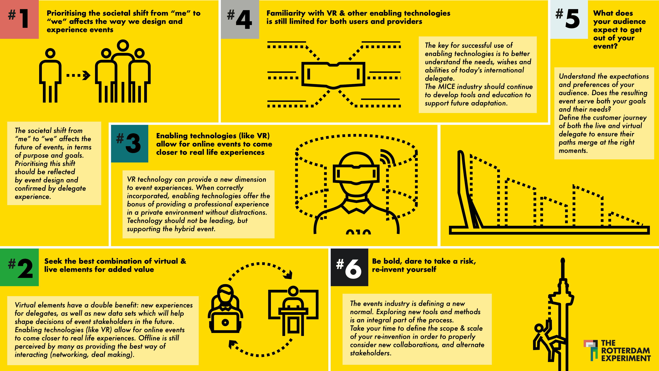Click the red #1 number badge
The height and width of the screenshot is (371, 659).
point(19,19)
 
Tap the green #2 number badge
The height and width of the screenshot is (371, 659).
point(19,267)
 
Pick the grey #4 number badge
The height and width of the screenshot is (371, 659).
point(240,19)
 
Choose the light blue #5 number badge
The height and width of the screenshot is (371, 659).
point(569,19)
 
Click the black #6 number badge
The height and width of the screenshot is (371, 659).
point(349,267)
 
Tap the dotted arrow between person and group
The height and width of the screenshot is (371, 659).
point(78,75)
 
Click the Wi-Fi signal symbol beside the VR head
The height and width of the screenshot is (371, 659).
point(387,156)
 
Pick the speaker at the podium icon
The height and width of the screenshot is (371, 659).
point(293,311)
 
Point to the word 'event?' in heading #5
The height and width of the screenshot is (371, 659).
point(605,46)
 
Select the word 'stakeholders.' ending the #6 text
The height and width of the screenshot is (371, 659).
point(371,353)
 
